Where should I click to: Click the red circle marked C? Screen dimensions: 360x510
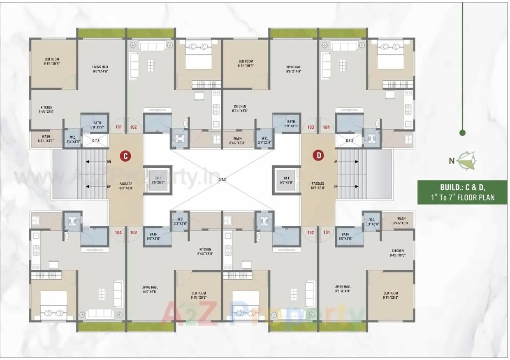click(125, 156)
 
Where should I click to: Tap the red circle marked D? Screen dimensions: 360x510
click(318, 156)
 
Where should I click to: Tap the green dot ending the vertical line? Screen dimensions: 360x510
click(462, 132)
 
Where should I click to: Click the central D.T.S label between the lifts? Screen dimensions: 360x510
click(222, 179)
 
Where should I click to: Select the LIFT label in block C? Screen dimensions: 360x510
click(158, 178)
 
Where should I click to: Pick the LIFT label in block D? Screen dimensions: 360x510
click(286, 178)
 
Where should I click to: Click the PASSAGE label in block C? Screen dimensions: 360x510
click(125, 183)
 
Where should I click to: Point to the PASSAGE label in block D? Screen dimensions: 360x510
click(318, 183)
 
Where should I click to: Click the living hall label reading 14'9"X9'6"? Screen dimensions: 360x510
click(150, 290)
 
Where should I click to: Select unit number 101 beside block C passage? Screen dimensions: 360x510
click(119, 127)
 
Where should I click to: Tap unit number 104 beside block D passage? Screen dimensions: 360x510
click(326, 127)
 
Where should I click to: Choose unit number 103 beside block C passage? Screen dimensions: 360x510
click(133, 232)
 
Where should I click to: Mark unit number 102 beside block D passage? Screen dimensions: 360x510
click(311, 232)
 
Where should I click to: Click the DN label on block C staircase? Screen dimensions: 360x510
click(109, 162)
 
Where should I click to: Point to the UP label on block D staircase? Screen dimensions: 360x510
click(336, 162)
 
